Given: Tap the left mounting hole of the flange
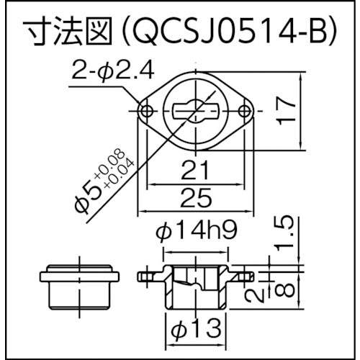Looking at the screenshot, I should tap(146, 111).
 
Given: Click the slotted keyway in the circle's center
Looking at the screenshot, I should tap(197, 111).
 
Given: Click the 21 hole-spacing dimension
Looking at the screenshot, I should tap(195, 171).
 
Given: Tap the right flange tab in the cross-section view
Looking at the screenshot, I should tap(244, 276).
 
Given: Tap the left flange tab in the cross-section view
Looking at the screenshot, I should tap(148, 276).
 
